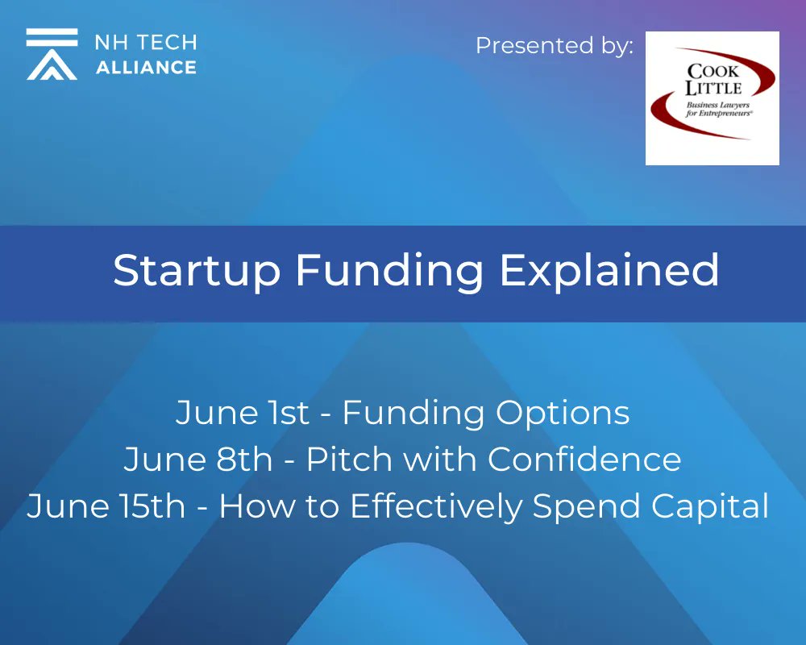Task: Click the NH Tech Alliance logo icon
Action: click(x=52, y=54)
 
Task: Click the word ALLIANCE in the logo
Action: click(x=146, y=67)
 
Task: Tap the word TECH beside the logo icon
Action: click(x=168, y=42)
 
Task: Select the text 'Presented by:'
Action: click(x=555, y=46)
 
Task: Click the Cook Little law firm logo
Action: click(x=712, y=98)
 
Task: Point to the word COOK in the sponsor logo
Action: click(x=713, y=71)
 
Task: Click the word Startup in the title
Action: click(x=197, y=271)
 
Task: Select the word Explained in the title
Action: click(x=609, y=271)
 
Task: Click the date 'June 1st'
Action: click(x=243, y=413)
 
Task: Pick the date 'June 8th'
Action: click(x=198, y=460)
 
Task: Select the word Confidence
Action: click(x=584, y=460)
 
